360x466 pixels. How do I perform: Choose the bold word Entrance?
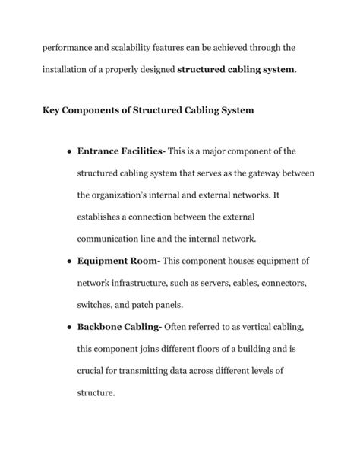102,151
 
